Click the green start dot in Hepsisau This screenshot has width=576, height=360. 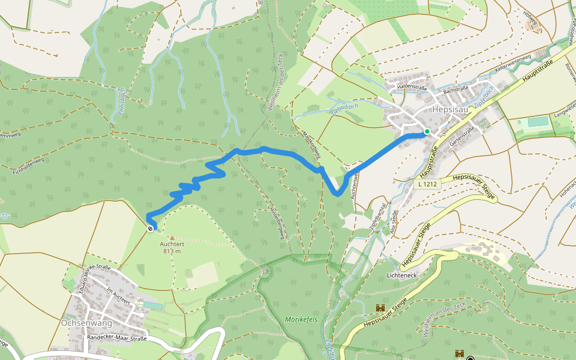pos(427,131)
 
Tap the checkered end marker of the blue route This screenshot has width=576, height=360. pos(150,227)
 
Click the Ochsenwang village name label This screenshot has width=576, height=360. pos(86,322)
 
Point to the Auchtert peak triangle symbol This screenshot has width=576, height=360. pos(172,238)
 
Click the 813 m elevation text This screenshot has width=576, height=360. pos(171,251)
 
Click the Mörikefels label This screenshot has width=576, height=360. pos(301,319)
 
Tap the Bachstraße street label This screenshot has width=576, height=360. pos(455,89)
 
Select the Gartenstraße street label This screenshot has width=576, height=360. pos(462,133)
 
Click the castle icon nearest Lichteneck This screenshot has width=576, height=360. pos(380,308)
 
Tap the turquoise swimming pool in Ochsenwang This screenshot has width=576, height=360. pos(152,306)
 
